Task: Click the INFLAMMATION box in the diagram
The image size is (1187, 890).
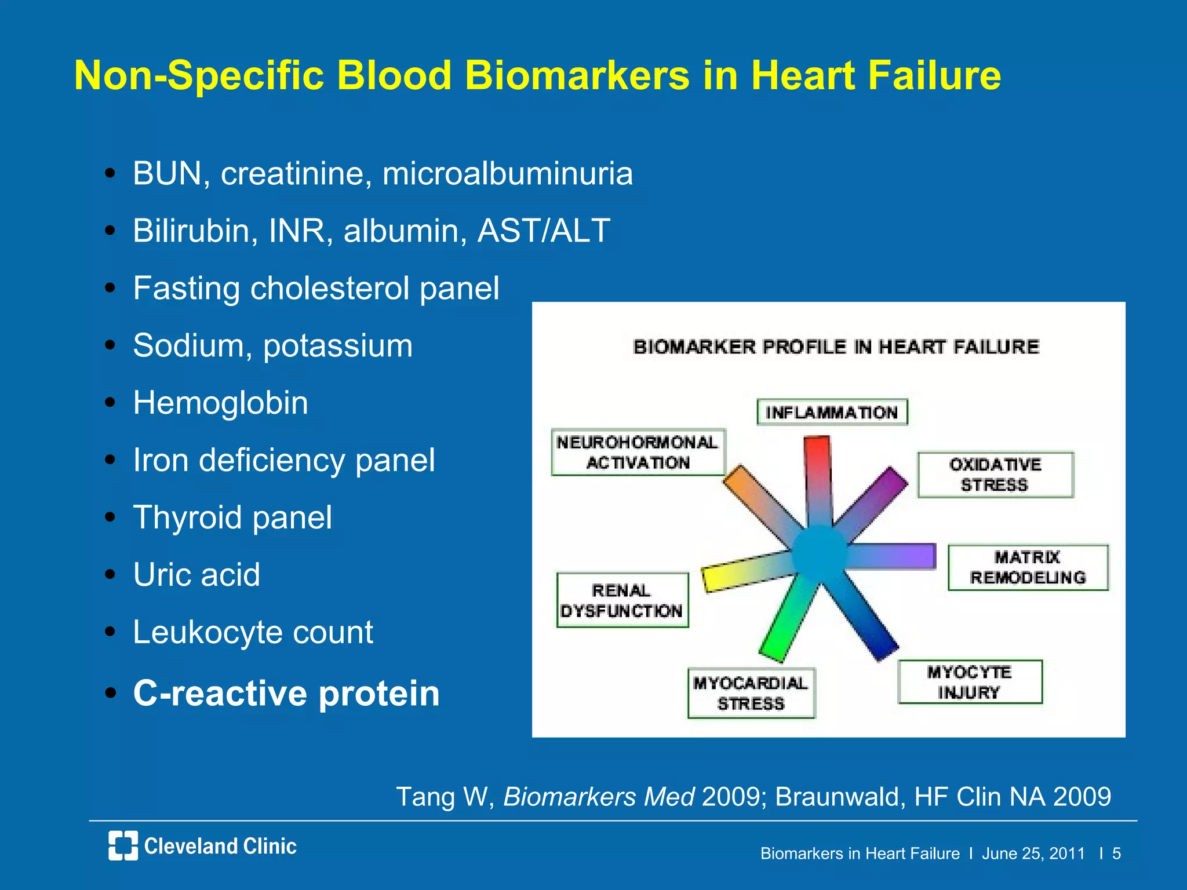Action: point(832,412)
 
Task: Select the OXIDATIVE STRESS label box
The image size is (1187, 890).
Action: point(995,475)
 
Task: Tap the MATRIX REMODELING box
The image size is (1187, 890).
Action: point(1028,567)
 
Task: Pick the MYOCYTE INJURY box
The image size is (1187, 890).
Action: point(970,682)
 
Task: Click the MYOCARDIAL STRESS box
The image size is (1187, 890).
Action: point(751,693)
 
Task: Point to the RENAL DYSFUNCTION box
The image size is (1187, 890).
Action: point(622,600)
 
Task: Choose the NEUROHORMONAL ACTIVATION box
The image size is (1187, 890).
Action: point(638,453)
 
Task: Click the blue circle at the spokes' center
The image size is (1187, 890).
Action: point(820,553)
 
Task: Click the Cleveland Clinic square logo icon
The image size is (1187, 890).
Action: point(123,845)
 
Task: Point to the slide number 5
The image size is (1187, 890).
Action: point(1116,853)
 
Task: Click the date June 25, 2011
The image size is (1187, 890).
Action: point(1033,853)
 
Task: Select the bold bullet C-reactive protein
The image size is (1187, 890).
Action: point(286,693)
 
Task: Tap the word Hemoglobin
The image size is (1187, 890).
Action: point(220,403)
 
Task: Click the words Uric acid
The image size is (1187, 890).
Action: point(196,575)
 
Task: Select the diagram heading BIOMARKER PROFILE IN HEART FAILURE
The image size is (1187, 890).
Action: point(836,347)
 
